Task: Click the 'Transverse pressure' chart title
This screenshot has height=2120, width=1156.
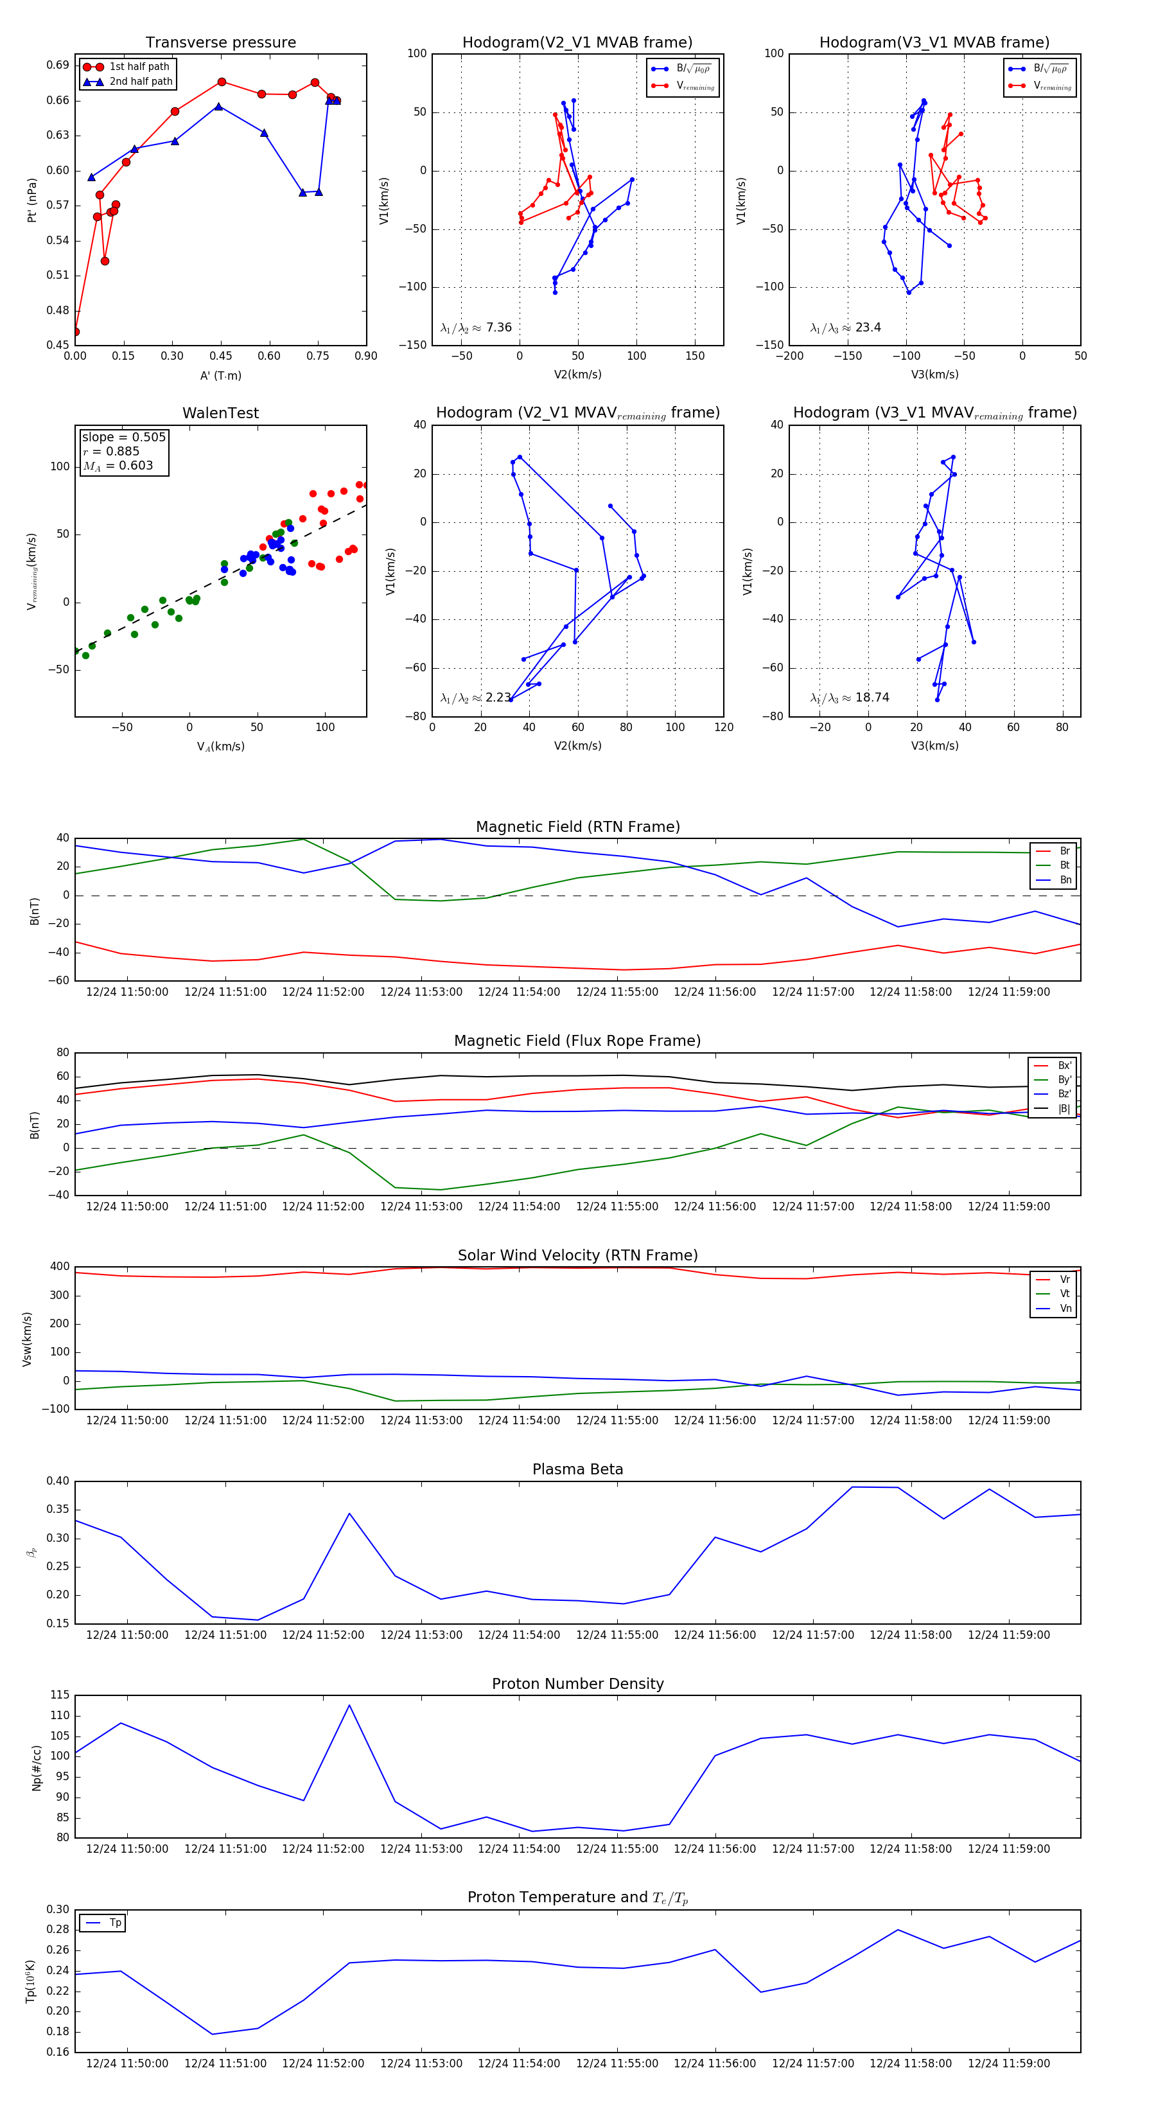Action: (220, 43)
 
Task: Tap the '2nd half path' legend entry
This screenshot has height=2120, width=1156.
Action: (141, 82)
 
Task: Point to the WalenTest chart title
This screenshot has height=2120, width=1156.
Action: (220, 413)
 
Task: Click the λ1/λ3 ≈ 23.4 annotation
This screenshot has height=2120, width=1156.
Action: (845, 328)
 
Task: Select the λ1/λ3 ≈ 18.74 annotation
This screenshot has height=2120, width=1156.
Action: (849, 698)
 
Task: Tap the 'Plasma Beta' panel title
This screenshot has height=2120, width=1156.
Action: (577, 1469)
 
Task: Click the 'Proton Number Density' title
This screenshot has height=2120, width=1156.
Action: (577, 1684)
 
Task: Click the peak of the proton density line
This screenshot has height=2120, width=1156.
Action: (349, 1705)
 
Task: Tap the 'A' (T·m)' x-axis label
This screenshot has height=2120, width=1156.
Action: (220, 376)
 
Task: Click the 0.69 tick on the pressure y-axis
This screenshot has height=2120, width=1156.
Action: (58, 65)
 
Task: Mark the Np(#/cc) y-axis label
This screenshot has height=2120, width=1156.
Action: (36, 1768)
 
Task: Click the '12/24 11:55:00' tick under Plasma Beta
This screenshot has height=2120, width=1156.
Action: (617, 1635)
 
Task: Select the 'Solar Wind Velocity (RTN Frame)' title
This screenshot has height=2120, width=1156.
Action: (577, 1255)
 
